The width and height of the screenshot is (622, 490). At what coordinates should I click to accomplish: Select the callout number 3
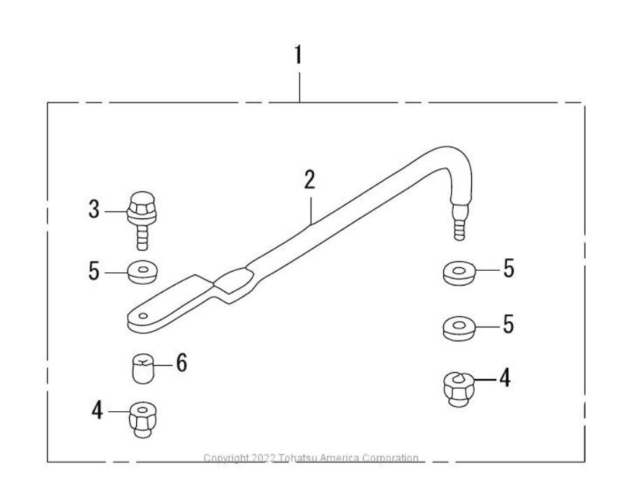pyautogui.click(x=94, y=209)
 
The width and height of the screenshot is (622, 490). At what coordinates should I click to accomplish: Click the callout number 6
pyautogui.click(x=182, y=363)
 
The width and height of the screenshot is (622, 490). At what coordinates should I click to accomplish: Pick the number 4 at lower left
pyautogui.click(x=97, y=410)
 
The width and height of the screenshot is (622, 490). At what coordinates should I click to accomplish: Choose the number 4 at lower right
pyautogui.click(x=505, y=378)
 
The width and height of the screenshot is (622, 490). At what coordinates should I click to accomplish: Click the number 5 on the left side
pyautogui.click(x=94, y=272)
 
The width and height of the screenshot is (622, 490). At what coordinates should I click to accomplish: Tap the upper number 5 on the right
pyautogui.click(x=509, y=269)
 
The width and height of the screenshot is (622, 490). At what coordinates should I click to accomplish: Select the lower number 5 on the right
pyautogui.click(x=508, y=324)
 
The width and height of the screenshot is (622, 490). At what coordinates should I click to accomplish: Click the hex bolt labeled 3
pyautogui.click(x=142, y=221)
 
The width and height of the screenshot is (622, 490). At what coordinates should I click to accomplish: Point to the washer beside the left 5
pyautogui.click(x=143, y=272)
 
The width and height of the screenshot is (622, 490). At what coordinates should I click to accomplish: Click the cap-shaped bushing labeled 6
pyautogui.click(x=144, y=369)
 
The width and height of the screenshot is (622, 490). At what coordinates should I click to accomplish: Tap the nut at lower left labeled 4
pyautogui.click(x=143, y=420)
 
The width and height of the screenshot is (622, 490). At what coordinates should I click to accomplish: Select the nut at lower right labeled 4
pyautogui.click(x=459, y=389)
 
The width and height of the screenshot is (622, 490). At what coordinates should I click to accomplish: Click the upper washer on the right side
pyautogui.click(x=459, y=273)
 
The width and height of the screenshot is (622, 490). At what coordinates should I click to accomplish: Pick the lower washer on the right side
pyautogui.click(x=459, y=329)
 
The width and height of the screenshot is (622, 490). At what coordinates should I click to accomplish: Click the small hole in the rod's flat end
pyautogui.click(x=143, y=316)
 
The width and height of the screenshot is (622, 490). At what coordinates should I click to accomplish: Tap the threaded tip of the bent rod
pyautogui.click(x=459, y=222)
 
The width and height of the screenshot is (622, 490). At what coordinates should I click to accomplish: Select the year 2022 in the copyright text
pyautogui.click(x=263, y=458)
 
